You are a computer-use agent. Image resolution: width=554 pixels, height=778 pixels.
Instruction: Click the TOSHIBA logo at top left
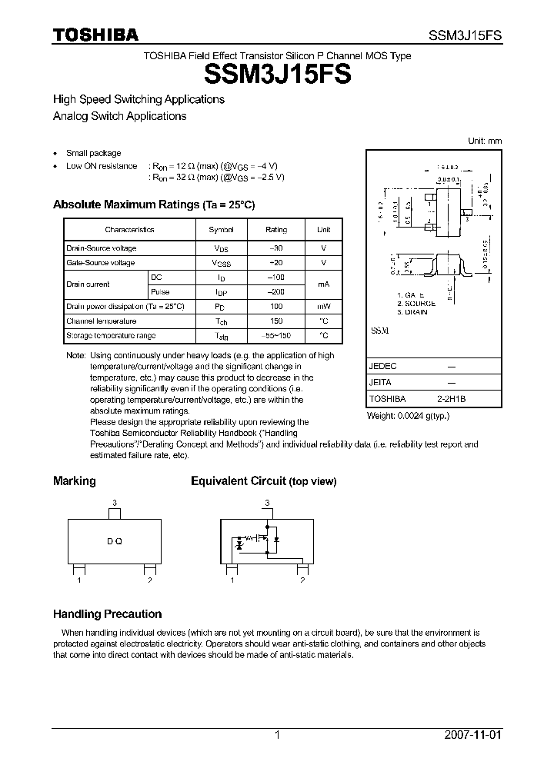coord(95,35)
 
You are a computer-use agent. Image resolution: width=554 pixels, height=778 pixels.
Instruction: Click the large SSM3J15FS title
coord(277,75)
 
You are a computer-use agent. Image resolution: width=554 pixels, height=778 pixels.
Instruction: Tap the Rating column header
coord(276,230)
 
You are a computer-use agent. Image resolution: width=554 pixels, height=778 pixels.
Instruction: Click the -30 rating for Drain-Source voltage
coord(276,248)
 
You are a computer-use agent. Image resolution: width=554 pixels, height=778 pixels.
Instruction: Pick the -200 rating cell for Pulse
coord(276,292)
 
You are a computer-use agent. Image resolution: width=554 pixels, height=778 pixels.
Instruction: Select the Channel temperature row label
coord(102,321)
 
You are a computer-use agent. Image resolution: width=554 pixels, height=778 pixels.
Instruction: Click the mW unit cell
coord(324,307)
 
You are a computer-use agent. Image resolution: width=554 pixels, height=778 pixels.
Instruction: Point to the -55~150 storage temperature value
coord(276,336)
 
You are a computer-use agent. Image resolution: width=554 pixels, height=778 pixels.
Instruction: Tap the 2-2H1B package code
coord(452,400)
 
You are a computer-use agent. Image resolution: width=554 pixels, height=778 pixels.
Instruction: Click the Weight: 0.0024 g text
coord(408,416)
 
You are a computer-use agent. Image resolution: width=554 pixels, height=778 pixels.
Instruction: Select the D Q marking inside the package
coord(115,541)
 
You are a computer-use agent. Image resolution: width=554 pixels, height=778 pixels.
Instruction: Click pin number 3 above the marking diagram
coord(115,503)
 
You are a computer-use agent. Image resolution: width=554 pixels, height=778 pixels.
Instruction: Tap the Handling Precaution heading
coord(107,614)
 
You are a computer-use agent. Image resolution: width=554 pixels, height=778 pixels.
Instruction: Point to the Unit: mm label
coord(485,141)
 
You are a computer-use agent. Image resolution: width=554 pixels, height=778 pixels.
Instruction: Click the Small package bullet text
coord(93,153)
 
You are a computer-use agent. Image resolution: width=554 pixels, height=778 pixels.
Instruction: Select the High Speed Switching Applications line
coord(138,99)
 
